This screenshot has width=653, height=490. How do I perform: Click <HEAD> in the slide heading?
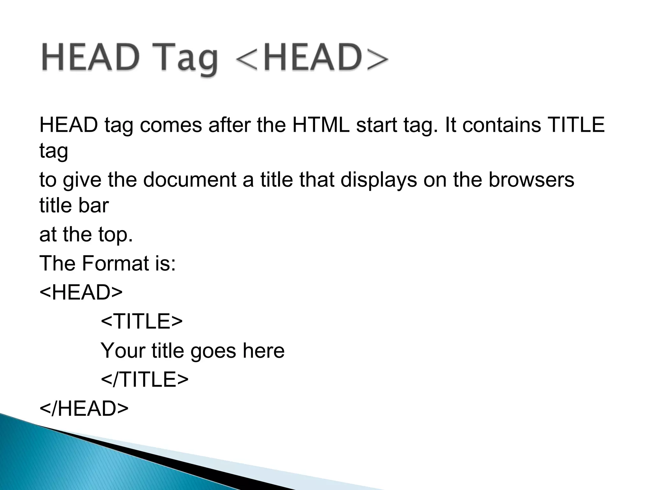coord(312,58)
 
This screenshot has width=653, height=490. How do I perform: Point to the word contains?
coord(502,125)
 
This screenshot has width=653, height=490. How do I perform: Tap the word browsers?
coord(531,180)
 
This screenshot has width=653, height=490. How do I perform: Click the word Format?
coord(116,263)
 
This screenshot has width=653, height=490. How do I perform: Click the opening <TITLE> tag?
coord(142,321)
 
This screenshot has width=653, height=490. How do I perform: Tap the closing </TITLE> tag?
coord(144,379)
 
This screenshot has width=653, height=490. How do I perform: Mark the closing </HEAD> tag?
coord(84,409)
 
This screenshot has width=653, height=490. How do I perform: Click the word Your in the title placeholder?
coord(122,350)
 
